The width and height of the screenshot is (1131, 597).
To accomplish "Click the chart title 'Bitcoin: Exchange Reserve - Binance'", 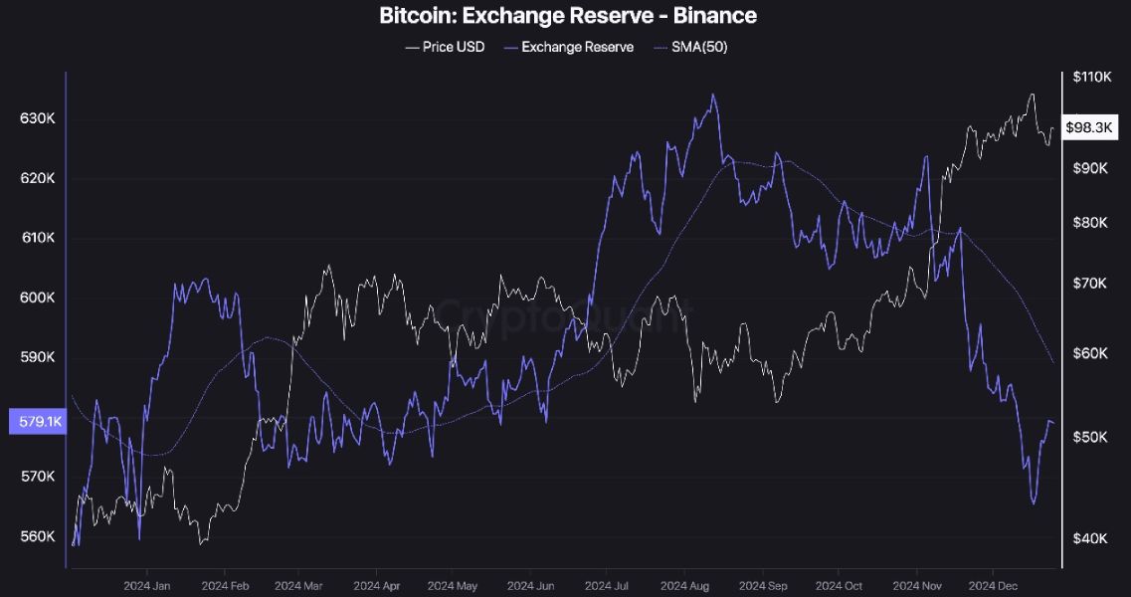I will (567, 16).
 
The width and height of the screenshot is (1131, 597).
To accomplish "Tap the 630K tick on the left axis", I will (37, 118).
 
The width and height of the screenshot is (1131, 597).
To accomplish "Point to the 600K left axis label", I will (37, 298).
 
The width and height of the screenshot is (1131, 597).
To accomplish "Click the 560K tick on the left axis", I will (37, 536).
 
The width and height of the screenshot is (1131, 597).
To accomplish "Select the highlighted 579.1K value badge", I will (36, 422).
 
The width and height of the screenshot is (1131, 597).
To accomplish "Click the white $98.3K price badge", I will (1091, 127).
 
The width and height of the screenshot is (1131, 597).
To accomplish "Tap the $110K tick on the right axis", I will (1091, 77).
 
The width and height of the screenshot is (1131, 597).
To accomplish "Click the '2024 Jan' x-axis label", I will (148, 585).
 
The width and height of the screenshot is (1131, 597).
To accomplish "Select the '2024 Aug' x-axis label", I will (686, 585).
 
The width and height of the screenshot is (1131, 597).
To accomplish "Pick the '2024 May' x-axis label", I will (453, 585).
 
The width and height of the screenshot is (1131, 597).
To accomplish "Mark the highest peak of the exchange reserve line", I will (712, 96).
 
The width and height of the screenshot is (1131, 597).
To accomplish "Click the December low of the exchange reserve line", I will (1034, 503).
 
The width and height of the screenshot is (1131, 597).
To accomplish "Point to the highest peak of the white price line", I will (1033, 95).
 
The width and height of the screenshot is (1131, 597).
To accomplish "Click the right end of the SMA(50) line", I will (1053, 363).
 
